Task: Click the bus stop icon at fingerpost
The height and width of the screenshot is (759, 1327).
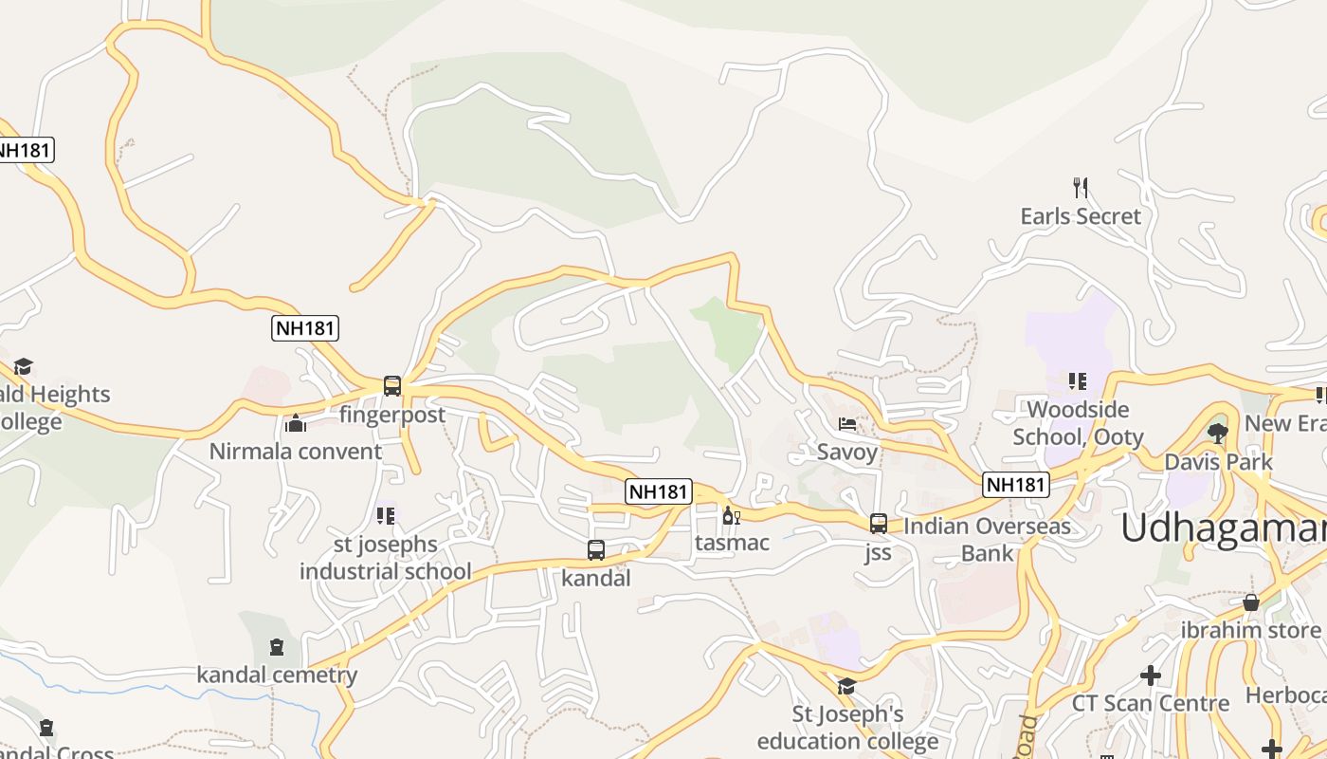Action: [392, 386]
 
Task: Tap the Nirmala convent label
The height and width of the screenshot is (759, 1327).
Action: [295, 451]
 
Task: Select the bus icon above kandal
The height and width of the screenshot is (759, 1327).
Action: [596, 550]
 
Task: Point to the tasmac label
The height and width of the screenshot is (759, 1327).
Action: [732, 543]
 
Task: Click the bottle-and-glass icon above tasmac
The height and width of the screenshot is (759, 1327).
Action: [731, 516]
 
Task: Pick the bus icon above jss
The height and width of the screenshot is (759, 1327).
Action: [879, 524]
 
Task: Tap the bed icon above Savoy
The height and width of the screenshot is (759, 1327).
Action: [847, 424]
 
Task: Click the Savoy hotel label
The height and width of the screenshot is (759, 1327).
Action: [847, 452]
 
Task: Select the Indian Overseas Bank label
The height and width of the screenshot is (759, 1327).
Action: [987, 539]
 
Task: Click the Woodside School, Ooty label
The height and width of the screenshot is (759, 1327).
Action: [1078, 423]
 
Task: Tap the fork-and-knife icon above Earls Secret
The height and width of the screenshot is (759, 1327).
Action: [1080, 187]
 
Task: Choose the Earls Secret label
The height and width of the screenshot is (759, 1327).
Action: [1081, 216]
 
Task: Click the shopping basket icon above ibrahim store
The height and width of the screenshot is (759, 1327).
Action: [1251, 602]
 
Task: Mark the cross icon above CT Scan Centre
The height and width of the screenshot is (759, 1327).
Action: [1151, 676]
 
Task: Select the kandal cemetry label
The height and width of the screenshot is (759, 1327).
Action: [277, 675]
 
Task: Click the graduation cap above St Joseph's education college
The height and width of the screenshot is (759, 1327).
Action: [846, 686]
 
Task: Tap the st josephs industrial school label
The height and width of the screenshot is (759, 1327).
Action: [385, 558]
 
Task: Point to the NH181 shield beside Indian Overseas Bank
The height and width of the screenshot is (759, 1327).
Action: [1015, 485]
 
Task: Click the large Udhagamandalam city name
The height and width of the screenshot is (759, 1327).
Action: [1223, 528]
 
